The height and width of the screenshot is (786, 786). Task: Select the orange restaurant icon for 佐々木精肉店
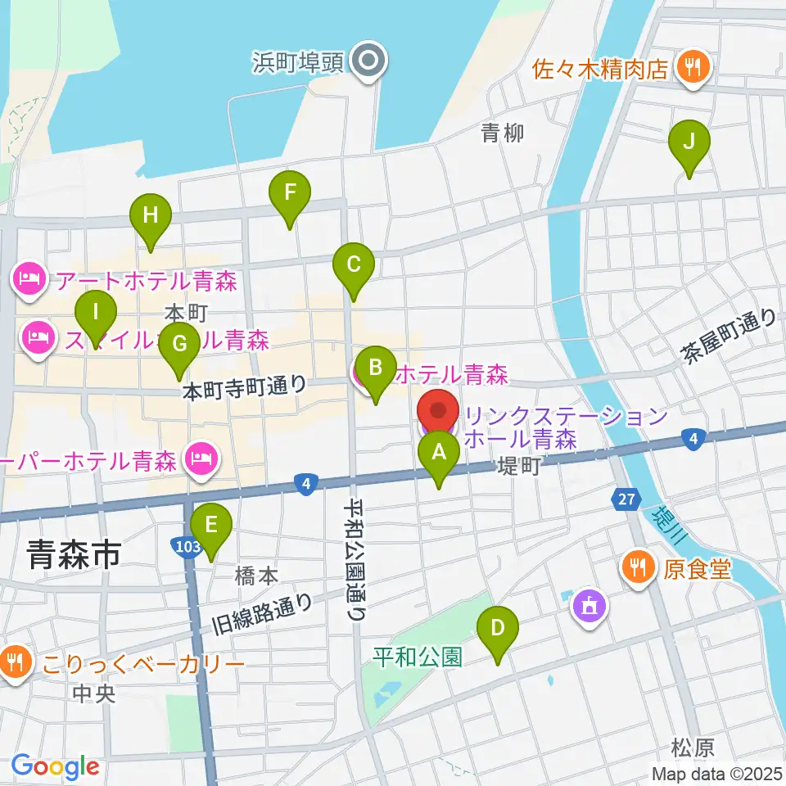coord(693,68)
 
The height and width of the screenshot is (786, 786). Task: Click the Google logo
coord(55,767)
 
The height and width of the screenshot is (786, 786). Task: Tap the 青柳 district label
coord(503,133)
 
